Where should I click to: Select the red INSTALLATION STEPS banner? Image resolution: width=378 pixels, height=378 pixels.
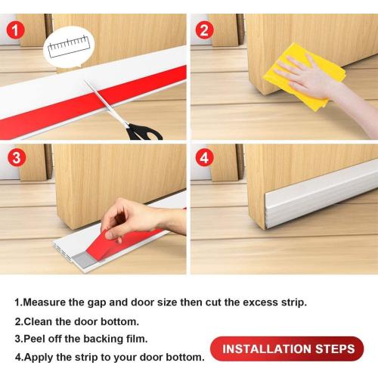(x=287, y=349)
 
